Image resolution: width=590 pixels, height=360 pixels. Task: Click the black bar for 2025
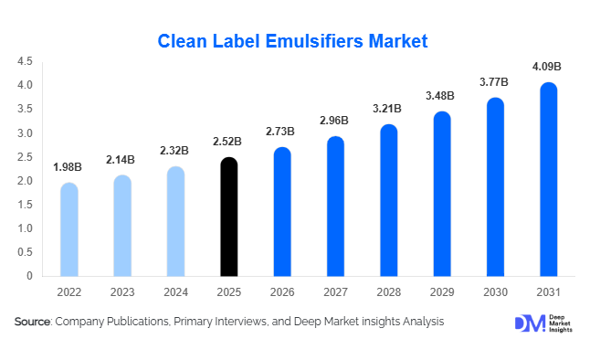[x=228, y=217]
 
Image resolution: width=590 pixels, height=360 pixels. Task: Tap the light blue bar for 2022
[x=68, y=229]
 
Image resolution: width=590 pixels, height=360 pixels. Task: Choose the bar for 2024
[x=175, y=222]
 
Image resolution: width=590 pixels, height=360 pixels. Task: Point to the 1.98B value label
[x=68, y=166]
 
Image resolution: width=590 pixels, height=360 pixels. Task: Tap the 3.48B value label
[x=441, y=96]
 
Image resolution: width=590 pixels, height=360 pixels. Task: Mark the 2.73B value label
[x=281, y=132]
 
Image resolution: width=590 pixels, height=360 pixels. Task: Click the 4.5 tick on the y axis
[x=25, y=62]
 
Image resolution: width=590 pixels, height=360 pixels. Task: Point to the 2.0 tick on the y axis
[x=25, y=181]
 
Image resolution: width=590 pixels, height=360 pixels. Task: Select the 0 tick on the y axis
[x=29, y=276]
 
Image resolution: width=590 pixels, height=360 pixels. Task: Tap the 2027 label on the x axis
[x=335, y=292]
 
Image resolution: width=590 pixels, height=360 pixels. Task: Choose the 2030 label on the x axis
[x=495, y=292]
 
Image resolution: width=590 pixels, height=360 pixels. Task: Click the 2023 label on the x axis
[x=121, y=292]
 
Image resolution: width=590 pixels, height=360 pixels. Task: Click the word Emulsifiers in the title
[x=312, y=41]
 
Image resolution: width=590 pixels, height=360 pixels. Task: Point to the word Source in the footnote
[x=33, y=323]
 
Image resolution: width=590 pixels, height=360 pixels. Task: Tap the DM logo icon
[x=528, y=323]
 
